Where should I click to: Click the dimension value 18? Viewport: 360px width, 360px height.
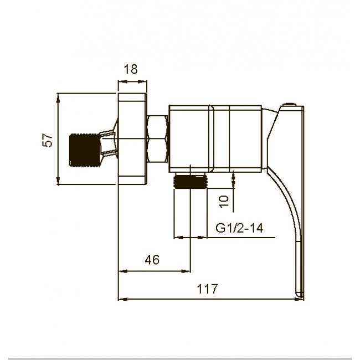click(131, 69)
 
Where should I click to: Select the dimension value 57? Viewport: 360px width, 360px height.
click(48, 140)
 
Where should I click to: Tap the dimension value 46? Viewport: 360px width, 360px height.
click(152, 260)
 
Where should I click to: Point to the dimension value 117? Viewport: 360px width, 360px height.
click(207, 289)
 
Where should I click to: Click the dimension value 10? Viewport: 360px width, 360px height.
click(224, 202)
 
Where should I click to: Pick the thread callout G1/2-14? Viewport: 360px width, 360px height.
click(239, 228)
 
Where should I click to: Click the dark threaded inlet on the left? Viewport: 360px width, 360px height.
click(85, 150)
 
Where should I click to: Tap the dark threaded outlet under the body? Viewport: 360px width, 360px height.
click(191, 181)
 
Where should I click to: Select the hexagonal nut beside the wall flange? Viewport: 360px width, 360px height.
click(157, 139)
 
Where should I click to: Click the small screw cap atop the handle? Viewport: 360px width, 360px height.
click(289, 105)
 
